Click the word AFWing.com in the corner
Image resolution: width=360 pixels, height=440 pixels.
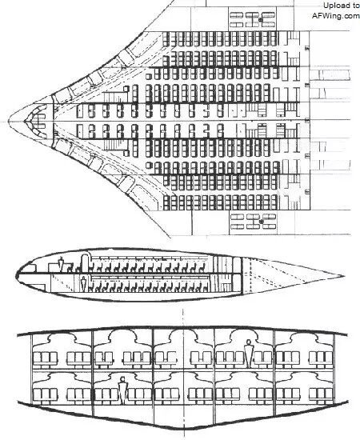pyautogui.click(x=335, y=15)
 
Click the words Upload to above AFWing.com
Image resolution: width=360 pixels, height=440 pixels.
pyautogui.click(x=341, y=6)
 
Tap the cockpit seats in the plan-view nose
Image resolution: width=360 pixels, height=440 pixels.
pyautogui.click(x=38, y=122)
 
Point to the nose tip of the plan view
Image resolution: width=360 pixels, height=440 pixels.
pyautogui.click(x=9, y=122)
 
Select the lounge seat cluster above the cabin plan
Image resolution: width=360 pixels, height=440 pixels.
pyautogui.click(x=253, y=19)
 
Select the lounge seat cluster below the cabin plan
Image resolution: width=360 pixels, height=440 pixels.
pyautogui.click(x=253, y=222)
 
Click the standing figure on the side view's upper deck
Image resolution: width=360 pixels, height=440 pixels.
pyautogui.click(x=61, y=264)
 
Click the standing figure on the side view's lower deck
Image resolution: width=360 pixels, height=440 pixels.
pyautogui.click(x=83, y=284)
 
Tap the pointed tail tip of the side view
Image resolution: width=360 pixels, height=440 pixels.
pyautogui.click(x=344, y=277)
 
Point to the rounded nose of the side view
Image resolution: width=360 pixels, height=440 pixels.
pyautogui.click(x=17, y=275)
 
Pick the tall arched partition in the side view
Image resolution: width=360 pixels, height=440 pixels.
pyautogui.click(x=85, y=262)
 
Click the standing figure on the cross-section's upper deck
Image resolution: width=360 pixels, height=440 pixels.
pyautogui.click(x=248, y=354)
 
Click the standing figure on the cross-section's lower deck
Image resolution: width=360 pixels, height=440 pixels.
pyautogui.click(x=122, y=391)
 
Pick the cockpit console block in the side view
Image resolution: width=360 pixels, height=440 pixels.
pyautogui.click(x=54, y=267)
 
